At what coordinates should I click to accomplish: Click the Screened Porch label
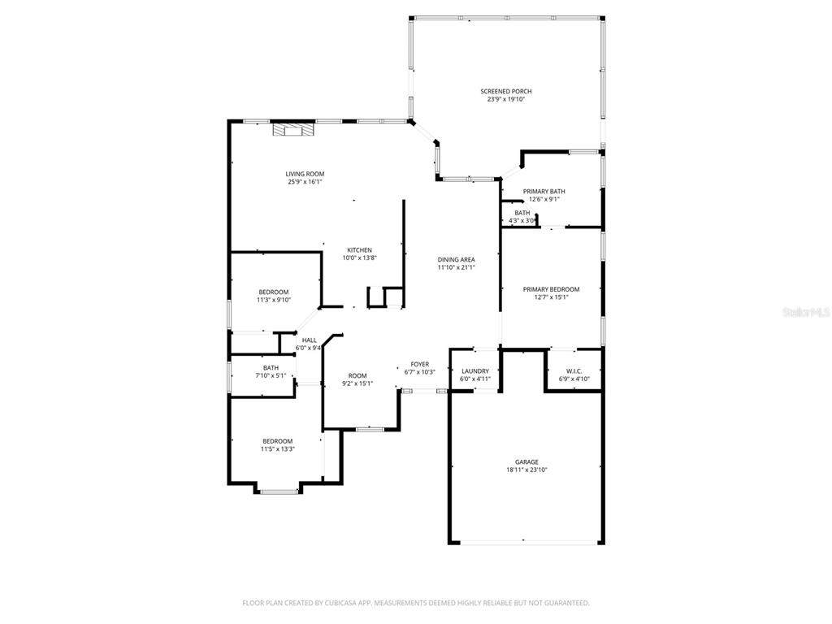coord(505,91)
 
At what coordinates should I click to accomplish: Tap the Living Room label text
coord(305,174)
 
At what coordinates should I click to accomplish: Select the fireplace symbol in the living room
coord(293,129)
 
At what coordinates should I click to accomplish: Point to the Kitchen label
coord(359,250)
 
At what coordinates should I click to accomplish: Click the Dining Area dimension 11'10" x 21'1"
coord(456,267)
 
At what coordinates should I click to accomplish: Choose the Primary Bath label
coord(544,192)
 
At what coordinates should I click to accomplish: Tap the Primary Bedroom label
coord(551,289)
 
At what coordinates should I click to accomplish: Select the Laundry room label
coord(474,371)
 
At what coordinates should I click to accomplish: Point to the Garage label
coord(526,462)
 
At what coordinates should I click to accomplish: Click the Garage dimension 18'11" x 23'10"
coord(526,470)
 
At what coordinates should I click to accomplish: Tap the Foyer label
coord(420,365)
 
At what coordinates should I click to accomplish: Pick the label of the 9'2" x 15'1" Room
coord(357,375)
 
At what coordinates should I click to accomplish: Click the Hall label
coord(309,340)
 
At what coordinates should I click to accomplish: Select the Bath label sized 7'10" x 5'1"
coord(271,368)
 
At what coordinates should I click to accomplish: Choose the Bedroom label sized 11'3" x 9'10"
coord(273,292)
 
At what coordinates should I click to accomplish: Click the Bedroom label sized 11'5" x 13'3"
coord(278,441)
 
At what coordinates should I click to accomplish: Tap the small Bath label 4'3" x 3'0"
coord(522,213)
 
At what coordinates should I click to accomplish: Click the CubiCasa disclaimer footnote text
coord(416,603)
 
